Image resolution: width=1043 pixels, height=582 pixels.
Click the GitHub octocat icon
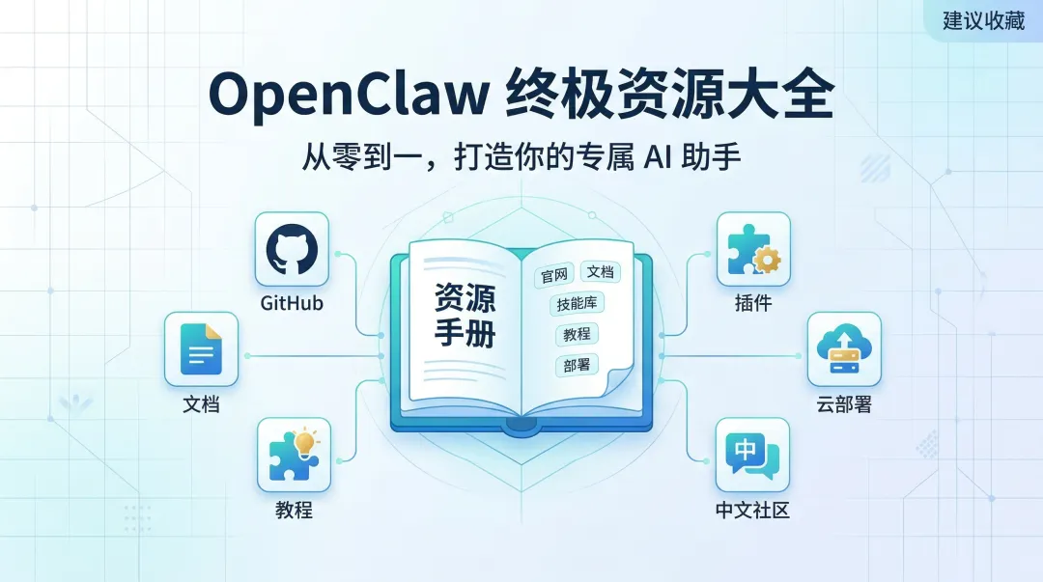click(292, 249)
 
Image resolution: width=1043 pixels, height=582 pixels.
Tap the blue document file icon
click(201, 348)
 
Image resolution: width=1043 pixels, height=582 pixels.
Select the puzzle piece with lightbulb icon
click(294, 456)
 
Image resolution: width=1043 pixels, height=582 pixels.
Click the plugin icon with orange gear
click(753, 249)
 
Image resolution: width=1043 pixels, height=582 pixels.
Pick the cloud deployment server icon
click(844, 348)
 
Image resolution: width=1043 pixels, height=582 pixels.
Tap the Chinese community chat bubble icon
click(752, 456)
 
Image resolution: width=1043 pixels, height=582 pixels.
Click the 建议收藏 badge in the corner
click(983, 20)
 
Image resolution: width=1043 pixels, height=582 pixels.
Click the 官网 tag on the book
click(553, 276)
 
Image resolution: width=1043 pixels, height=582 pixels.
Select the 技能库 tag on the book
click(577, 304)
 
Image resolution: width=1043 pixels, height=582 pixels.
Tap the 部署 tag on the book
click(577, 365)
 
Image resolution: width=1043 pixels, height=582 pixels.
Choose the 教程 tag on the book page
click(577, 335)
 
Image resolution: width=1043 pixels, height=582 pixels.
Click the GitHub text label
click(292, 303)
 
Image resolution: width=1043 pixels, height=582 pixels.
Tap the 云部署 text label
click(844, 405)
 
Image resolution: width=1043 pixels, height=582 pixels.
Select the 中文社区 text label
click(752, 510)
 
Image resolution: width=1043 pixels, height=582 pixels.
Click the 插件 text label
click(753, 303)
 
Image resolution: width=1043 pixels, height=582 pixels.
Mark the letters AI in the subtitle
click(655, 158)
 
